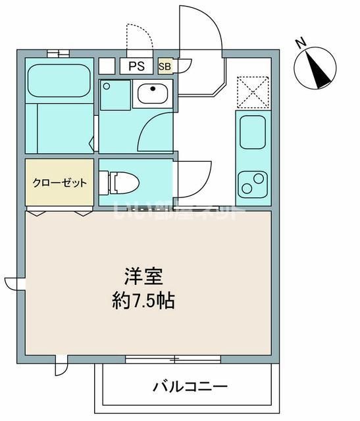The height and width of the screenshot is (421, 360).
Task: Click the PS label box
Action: coord(137,66)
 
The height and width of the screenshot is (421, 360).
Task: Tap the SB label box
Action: coord(165,66)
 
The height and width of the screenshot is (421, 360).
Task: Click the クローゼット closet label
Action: coord(60,182)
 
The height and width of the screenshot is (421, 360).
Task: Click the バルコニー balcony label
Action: coord(190,386)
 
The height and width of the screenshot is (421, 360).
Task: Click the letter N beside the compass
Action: coord(300,44)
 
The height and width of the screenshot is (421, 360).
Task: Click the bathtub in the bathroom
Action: coord(59,80)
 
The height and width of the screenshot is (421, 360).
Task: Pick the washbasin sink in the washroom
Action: coord(153,94)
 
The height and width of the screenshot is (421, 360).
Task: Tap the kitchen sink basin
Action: coord(251,132)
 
